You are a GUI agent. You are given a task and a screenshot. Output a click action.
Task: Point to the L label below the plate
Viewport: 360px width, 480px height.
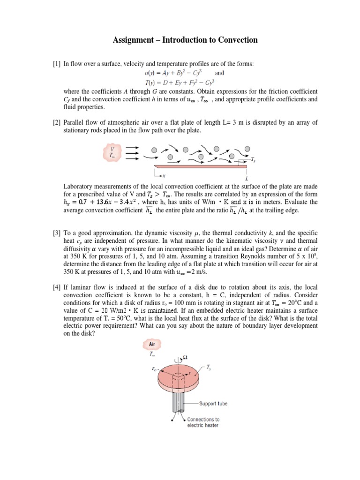coord(247,179)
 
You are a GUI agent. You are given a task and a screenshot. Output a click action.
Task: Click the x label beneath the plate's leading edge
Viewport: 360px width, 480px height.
coord(164,176)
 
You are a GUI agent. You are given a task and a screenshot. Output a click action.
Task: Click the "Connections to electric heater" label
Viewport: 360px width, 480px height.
coord(202,422)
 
